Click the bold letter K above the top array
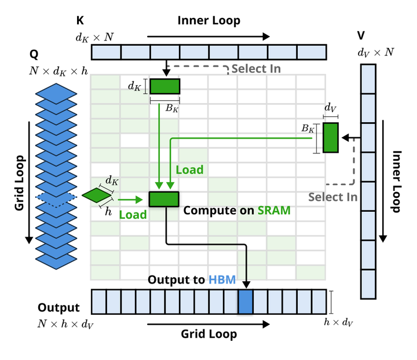(x=80, y=21)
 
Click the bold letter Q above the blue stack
(x=34, y=55)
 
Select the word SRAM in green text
(x=273, y=210)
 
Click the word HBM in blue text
(x=222, y=280)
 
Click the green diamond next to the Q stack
(x=97, y=196)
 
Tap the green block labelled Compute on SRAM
(x=164, y=199)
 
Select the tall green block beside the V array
(x=331, y=137)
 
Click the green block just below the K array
(x=164, y=86)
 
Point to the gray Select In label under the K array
(x=256, y=69)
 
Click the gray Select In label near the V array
(x=332, y=197)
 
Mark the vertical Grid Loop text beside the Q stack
(x=20, y=182)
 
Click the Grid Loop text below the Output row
(x=209, y=334)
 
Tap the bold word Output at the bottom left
(x=58, y=308)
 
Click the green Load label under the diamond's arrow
(x=133, y=214)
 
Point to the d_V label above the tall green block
(x=330, y=108)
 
